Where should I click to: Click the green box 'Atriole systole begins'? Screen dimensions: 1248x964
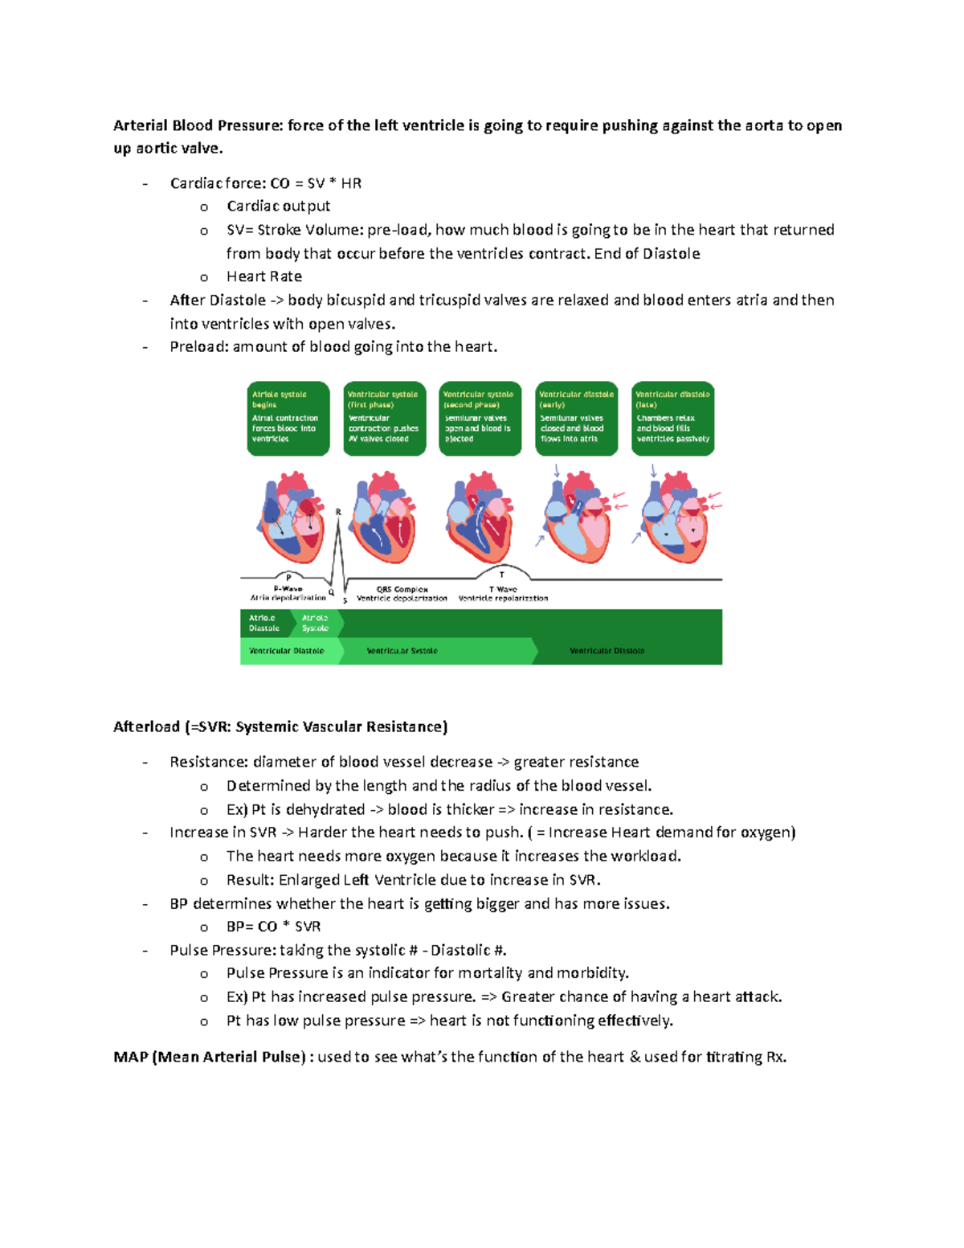click(x=288, y=418)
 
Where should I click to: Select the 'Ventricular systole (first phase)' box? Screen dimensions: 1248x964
click(x=384, y=418)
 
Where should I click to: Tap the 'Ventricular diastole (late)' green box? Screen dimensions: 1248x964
click(x=672, y=418)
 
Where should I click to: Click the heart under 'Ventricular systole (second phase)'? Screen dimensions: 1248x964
click(x=480, y=518)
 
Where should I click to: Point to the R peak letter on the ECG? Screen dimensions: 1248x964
click(x=338, y=512)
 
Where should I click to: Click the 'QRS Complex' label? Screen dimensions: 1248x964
click(x=402, y=589)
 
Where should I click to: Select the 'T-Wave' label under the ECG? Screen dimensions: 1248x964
click(x=503, y=589)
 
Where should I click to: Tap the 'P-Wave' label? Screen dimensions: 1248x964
click(x=288, y=589)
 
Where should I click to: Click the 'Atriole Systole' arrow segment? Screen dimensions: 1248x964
click(x=317, y=623)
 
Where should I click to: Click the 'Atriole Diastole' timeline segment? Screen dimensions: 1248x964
click(x=264, y=623)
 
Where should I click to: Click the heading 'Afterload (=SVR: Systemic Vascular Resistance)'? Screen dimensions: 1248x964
click(x=280, y=726)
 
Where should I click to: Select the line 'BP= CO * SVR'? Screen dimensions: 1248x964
click(x=273, y=927)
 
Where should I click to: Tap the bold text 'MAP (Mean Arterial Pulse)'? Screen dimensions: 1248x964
click(x=210, y=1057)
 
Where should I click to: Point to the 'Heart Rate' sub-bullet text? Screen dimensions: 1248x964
click(x=264, y=276)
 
